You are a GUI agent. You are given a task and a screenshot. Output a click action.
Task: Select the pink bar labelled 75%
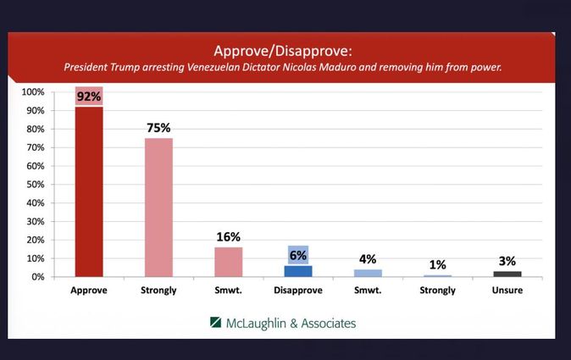158,207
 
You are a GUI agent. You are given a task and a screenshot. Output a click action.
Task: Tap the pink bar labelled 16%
228,261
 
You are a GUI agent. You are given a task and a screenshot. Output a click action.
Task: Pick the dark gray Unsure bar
507,274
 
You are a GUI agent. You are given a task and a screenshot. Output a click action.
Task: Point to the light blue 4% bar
368,273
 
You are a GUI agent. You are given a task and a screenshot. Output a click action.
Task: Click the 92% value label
89,97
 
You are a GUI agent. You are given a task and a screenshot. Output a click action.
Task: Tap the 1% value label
437,264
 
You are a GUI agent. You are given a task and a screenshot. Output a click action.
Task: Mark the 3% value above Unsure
507,260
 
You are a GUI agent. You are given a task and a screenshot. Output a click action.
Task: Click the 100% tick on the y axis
33,91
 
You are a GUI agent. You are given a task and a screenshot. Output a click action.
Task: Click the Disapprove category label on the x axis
297,290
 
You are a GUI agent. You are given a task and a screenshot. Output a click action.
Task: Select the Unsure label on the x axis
507,290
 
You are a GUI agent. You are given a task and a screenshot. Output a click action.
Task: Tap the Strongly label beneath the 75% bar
158,290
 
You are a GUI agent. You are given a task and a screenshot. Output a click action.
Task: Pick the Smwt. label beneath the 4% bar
368,290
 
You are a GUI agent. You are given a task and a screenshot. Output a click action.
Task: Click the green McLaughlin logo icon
216,323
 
